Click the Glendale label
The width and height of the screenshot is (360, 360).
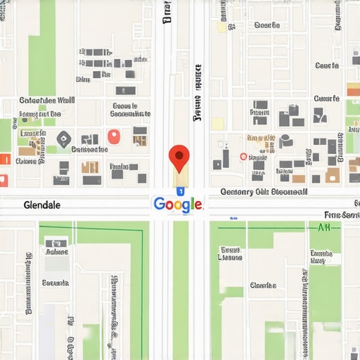click(41, 205)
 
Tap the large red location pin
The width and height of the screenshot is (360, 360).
click(180, 156)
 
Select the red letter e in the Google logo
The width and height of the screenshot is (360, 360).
click(199, 205)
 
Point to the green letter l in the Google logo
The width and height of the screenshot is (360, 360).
click(193, 204)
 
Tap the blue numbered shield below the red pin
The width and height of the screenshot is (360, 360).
click(180, 191)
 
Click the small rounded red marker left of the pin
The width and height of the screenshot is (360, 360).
click(113, 136)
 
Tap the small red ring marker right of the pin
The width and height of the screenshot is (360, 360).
click(243, 157)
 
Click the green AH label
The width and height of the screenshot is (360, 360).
click(324, 227)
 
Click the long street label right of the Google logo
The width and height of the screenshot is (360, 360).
click(264, 191)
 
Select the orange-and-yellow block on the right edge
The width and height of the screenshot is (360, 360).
click(353, 89)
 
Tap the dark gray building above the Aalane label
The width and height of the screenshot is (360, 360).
click(56, 243)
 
